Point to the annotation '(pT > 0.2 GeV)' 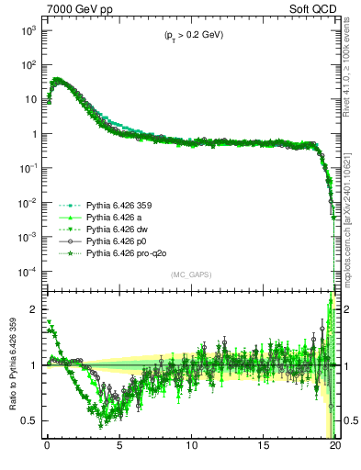(x=188, y=35)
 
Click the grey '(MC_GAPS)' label (x=189, y=274)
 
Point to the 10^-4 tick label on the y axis (x=28, y=272)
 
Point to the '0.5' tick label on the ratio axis (x=29, y=420)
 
